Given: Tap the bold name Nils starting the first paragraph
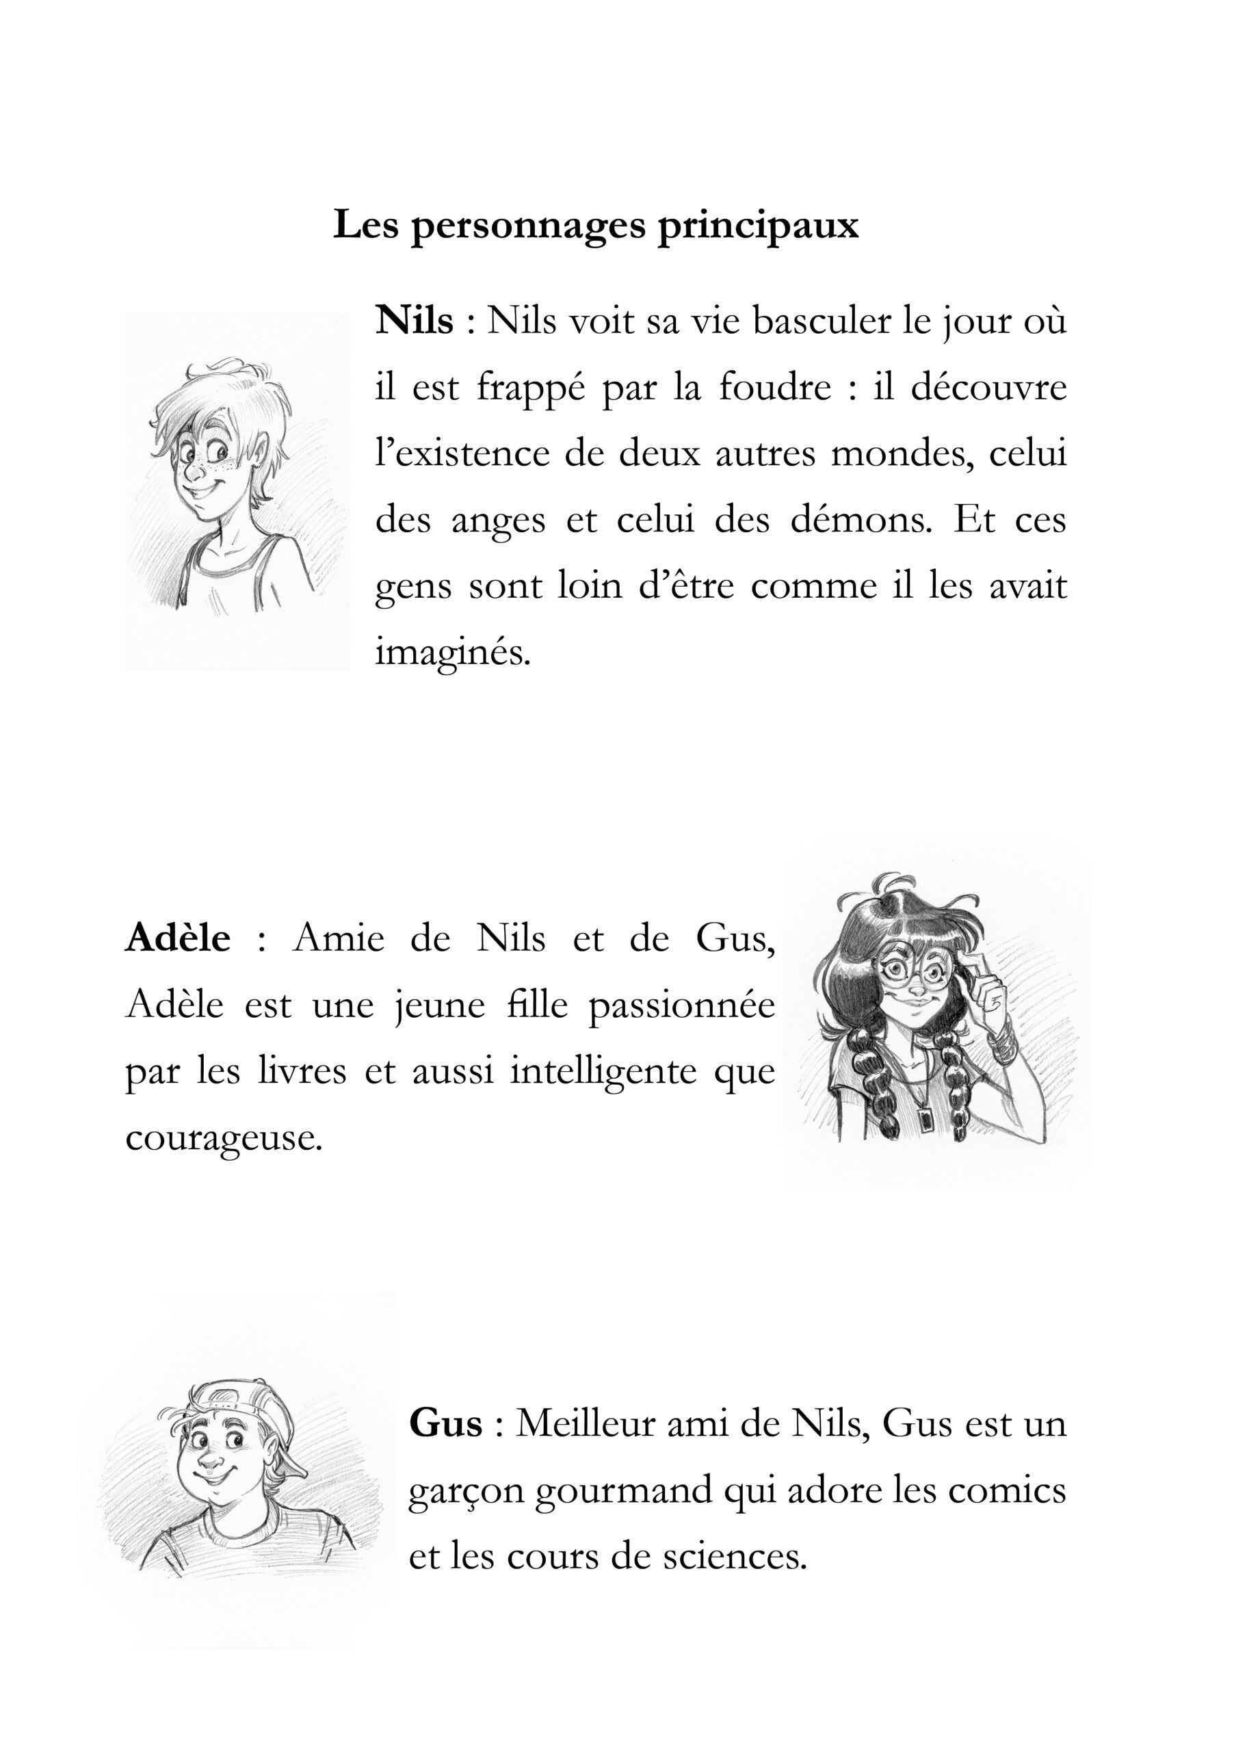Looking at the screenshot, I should click(414, 321).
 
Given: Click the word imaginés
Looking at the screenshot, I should click(452, 653).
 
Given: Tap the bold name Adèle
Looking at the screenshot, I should click(178, 938).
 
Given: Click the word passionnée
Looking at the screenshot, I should click(681, 1005).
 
